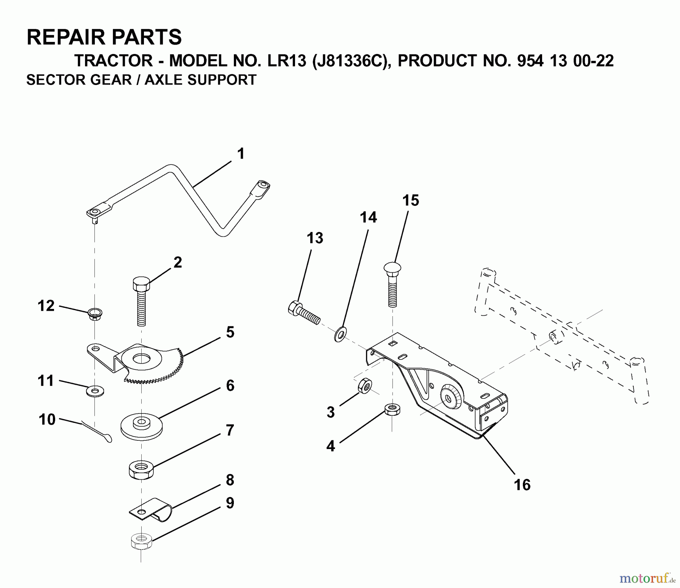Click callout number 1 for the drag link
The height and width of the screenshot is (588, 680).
(241, 154)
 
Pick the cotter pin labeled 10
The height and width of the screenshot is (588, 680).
(98, 433)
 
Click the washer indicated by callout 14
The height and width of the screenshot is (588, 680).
(342, 334)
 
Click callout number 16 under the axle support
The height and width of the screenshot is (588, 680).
(522, 485)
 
